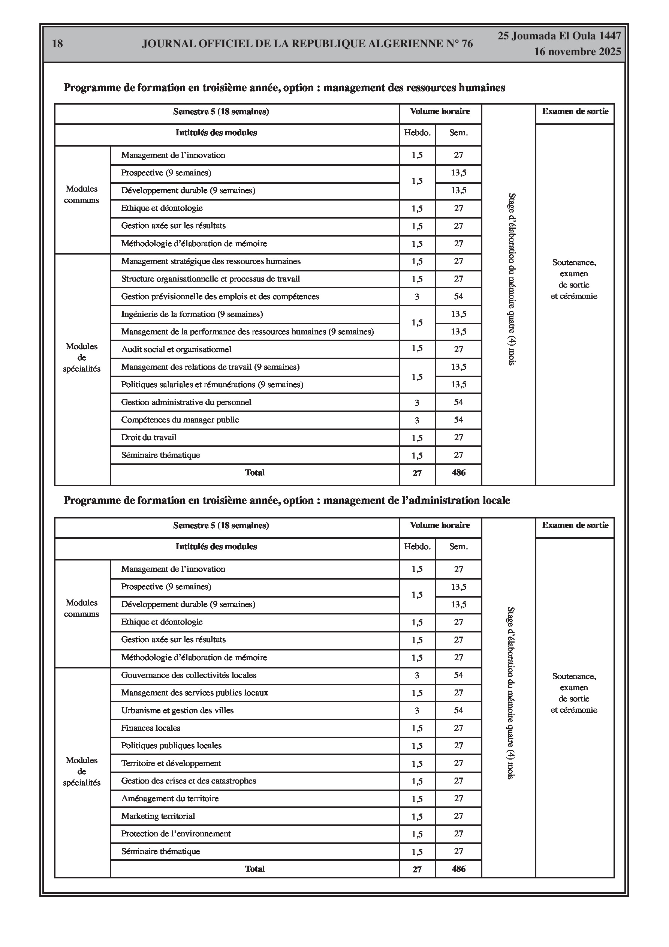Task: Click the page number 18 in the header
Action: click(57, 43)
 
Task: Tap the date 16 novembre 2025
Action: click(577, 52)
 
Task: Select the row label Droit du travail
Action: click(149, 438)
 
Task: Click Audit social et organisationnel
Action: click(176, 349)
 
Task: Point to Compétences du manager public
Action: click(180, 420)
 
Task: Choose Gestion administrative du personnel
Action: click(186, 402)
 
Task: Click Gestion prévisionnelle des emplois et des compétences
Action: click(220, 297)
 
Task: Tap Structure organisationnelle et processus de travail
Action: click(210, 279)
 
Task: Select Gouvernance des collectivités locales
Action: click(189, 675)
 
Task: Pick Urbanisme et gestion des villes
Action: click(177, 710)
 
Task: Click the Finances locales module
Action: click(151, 728)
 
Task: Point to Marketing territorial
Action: click(158, 816)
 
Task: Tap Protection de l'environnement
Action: click(176, 833)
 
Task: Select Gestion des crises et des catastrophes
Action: click(189, 781)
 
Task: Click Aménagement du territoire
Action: click(170, 799)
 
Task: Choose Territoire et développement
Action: click(171, 763)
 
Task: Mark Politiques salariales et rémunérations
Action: click(212, 385)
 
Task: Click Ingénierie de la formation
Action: click(192, 314)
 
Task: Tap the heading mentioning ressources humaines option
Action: click(284, 88)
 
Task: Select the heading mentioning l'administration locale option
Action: click(287, 501)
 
